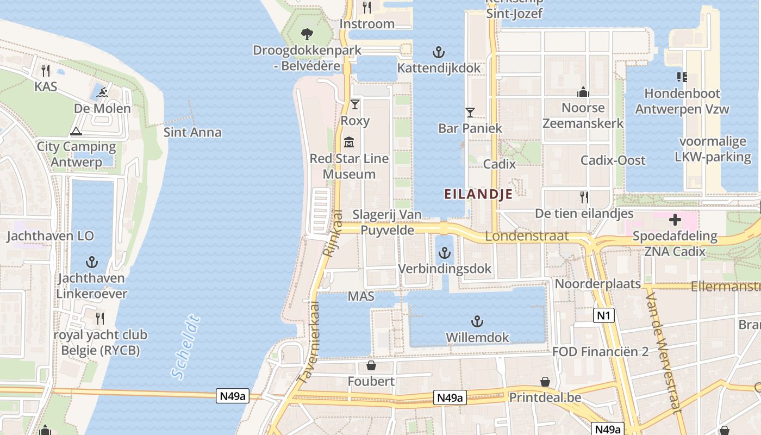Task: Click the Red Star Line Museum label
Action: (349, 166)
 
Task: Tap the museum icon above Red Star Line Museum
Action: (349, 142)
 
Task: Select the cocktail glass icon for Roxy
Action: (355, 104)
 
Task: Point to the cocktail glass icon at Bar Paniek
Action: (470, 113)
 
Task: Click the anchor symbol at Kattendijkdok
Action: (439, 52)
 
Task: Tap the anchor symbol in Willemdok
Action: (477, 321)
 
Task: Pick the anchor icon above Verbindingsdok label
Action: (445, 253)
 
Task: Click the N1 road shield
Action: (604, 315)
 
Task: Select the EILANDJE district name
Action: (478, 194)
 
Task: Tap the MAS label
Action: (361, 296)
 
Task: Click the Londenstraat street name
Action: (527, 236)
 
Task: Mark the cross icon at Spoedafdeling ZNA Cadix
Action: (675, 220)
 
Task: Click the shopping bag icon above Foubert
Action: (371, 365)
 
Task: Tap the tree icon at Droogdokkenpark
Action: (307, 34)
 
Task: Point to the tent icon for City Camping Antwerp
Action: (76, 131)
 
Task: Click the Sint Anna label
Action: (192, 132)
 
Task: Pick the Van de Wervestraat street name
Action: (664, 352)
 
